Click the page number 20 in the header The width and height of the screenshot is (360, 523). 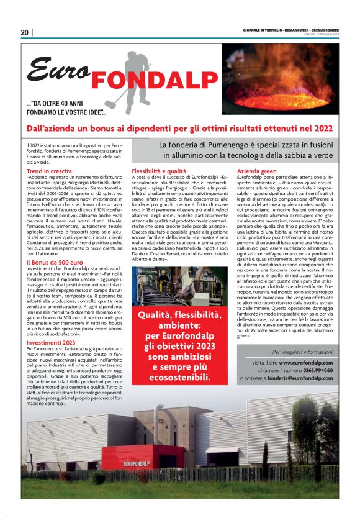25,32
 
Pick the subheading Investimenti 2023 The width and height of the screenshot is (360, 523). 52,342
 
